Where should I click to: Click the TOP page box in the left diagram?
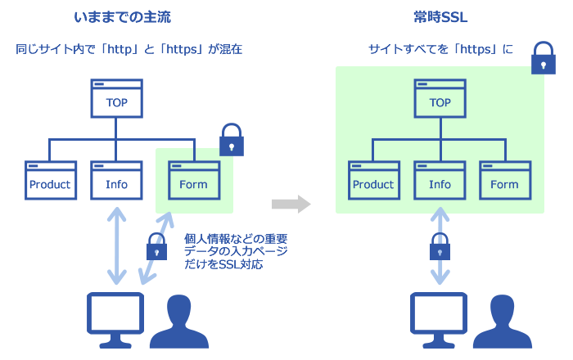click(x=116, y=98)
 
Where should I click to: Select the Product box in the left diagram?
click(x=51, y=180)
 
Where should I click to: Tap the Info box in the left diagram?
click(x=116, y=180)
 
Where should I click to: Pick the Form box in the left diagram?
click(x=194, y=180)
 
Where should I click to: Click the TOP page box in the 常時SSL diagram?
click(x=440, y=98)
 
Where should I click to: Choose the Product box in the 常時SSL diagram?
click(x=374, y=180)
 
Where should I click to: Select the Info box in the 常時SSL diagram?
click(x=440, y=180)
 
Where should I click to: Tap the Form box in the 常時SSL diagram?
click(x=505, y=180)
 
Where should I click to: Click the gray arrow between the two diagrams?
click(x=291, y=204)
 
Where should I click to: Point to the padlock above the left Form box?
click(x=232, y=140)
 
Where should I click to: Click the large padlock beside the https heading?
click(x=544, y=58)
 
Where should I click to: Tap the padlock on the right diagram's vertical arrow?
click(x=440, y=246)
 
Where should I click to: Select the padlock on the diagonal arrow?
click(x=157, y=246)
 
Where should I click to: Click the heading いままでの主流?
click(x=123, y=17)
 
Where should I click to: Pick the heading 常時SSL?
click(x=440, y=17)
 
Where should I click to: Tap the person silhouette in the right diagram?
click(x=503, y=322)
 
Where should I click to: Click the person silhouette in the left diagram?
click(x=179, y=322)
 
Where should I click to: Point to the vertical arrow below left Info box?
click(x=116, y=245)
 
